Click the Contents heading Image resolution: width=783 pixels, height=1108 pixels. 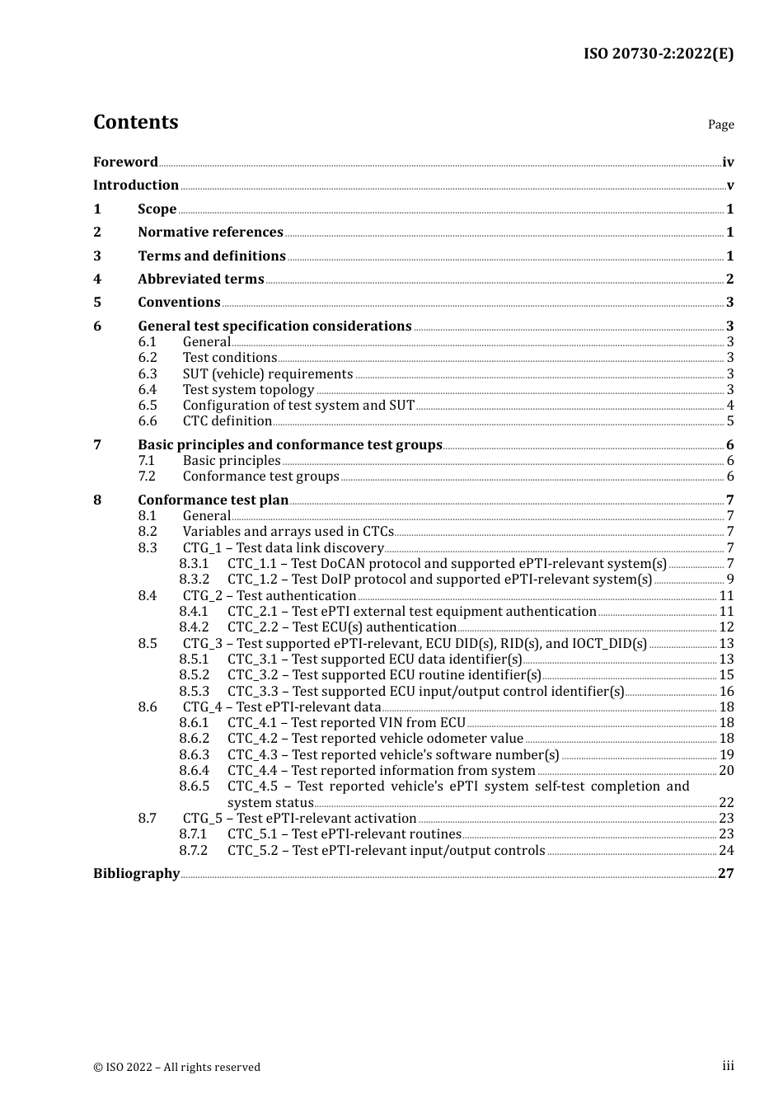point(135,122)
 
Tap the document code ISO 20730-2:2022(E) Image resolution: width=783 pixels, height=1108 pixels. point(658,54)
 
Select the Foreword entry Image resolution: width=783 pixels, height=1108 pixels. point(125,162)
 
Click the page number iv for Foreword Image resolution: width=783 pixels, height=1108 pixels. point(728,162)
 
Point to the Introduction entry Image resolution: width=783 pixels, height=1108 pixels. point(136,185)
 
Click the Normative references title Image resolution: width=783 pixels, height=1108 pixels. point(210,232)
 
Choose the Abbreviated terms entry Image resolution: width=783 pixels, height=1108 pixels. point(200,279)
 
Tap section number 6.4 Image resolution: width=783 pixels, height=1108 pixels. point(148,390)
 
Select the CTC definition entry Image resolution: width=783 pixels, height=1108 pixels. point(227,421)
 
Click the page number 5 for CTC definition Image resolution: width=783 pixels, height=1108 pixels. point(729,421)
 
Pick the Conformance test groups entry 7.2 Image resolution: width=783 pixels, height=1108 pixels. point(260,477)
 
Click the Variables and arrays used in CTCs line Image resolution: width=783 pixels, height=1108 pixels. point(288,532)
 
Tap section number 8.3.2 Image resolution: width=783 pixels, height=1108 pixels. point(195,580)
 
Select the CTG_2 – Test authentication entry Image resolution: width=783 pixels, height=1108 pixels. point(270,596)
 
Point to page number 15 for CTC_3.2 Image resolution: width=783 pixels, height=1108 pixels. point(726,675)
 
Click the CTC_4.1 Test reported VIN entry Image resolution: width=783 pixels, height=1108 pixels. point(346,723)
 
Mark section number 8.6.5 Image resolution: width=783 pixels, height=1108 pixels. point(195,786)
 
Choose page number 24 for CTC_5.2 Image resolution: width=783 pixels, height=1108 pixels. point(726,851)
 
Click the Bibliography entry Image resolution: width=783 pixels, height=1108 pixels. point(136,874)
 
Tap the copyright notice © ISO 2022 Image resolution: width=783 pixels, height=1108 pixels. point(176,1068)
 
